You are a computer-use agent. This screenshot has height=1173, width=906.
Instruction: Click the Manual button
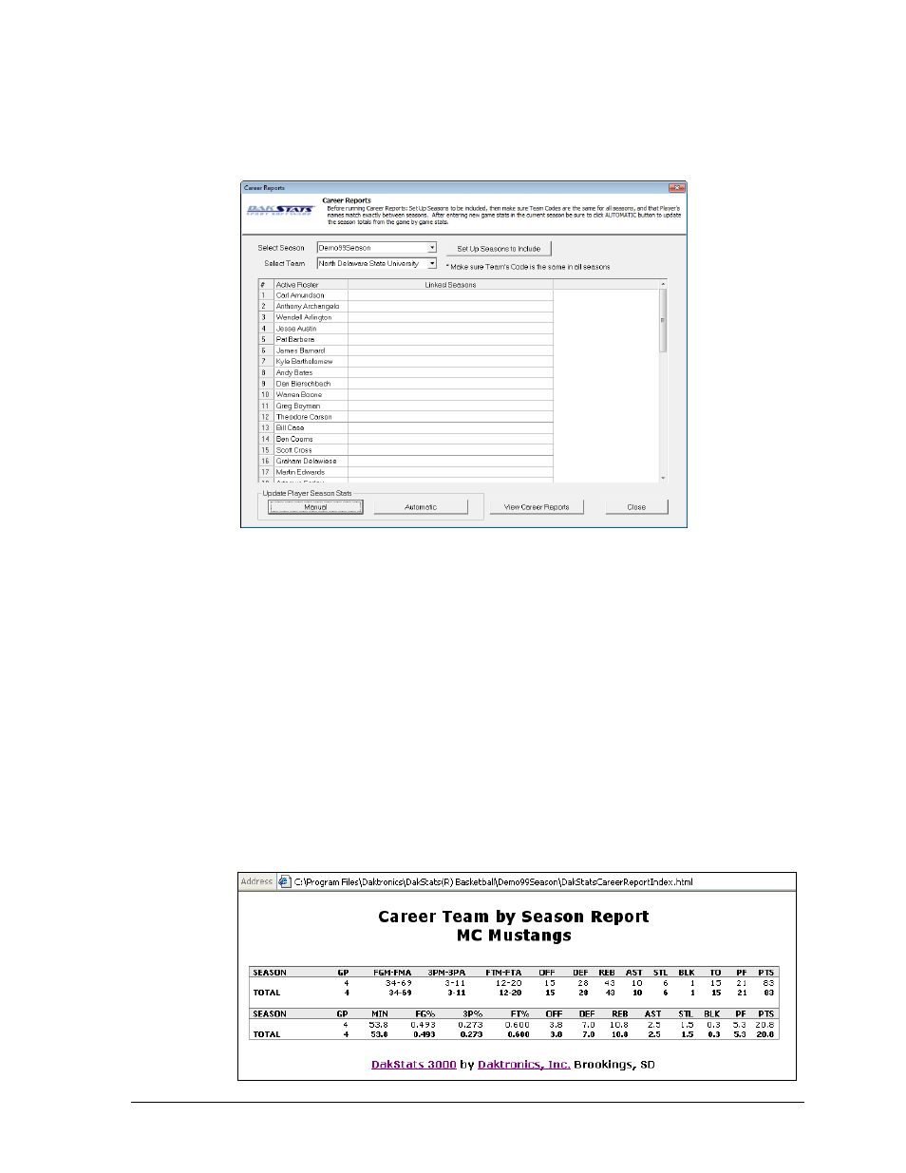point(315,507)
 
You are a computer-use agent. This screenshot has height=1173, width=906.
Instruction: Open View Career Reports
point(536,507)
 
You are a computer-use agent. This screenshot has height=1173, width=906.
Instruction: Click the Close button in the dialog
point(636,507)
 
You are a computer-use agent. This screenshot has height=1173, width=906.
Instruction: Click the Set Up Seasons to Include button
point(499,249)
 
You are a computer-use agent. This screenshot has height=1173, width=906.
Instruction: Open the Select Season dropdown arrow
point(432,248)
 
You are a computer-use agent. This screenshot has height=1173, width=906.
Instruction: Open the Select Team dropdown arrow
point(432,263)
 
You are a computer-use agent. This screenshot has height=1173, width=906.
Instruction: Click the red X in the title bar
point(676,188)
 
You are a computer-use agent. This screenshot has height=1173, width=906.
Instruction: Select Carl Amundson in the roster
point(300,295)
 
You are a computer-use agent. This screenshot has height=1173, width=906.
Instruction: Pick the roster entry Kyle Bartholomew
point(304,362)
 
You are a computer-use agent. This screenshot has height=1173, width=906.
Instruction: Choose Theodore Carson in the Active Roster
point(304,417)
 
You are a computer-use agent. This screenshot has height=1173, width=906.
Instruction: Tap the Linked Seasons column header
point(450,285)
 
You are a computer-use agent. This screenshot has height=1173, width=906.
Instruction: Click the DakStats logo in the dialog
point(280,210)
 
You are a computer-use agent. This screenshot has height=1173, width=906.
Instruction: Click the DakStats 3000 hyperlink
point(413,1065)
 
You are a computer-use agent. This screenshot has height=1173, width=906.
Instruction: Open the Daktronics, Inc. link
point(523,1065)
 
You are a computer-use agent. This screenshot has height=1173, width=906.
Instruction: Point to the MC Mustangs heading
point(514,936)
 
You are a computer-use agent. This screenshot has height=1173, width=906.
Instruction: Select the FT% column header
point(519,1014)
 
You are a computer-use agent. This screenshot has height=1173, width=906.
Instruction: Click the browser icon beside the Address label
point(284,882)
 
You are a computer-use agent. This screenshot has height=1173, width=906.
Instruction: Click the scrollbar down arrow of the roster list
point(663,478)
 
